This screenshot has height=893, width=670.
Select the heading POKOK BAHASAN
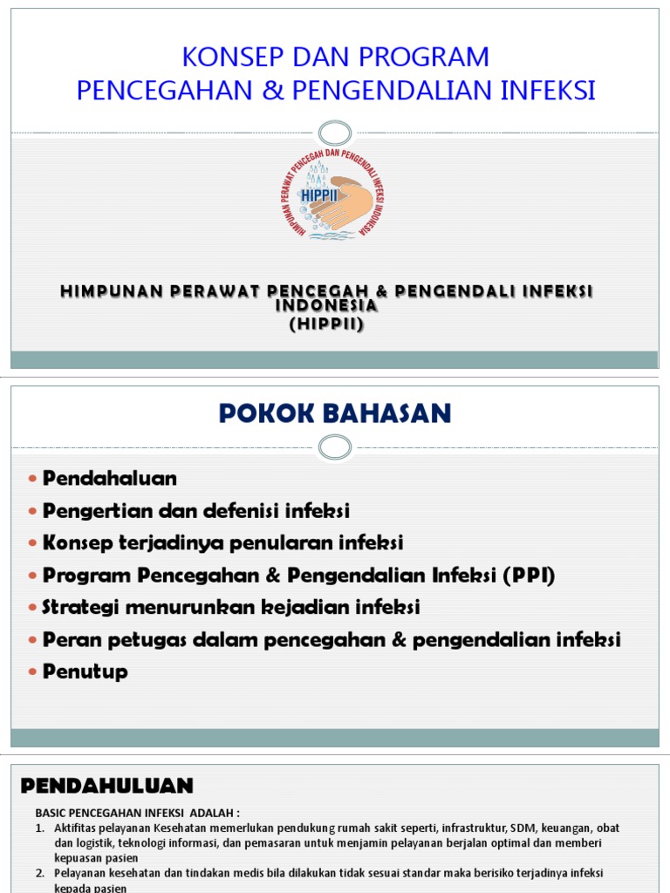(x=335, y=413)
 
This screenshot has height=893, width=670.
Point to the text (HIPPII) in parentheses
(x=326, y=324)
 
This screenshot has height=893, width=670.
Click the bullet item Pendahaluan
(x=110, y=479)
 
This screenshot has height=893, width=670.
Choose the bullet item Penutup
(x=85, y=671)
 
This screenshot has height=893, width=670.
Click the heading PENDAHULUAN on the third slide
(x=106, y=786)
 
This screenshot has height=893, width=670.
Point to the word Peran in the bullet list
(x=68, y=639)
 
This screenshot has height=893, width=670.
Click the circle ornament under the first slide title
(x=335, y=133)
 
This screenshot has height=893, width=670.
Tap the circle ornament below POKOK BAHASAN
(x=335, y=447)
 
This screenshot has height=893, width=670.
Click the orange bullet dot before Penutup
(x=33, y=672)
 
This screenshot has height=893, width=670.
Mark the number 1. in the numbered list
(x=40, y=828)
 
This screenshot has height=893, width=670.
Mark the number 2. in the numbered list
(x=40, y=873)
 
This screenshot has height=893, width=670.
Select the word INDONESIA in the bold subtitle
(x=326, y=307)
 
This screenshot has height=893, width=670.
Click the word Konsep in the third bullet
(x=76, y=542)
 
